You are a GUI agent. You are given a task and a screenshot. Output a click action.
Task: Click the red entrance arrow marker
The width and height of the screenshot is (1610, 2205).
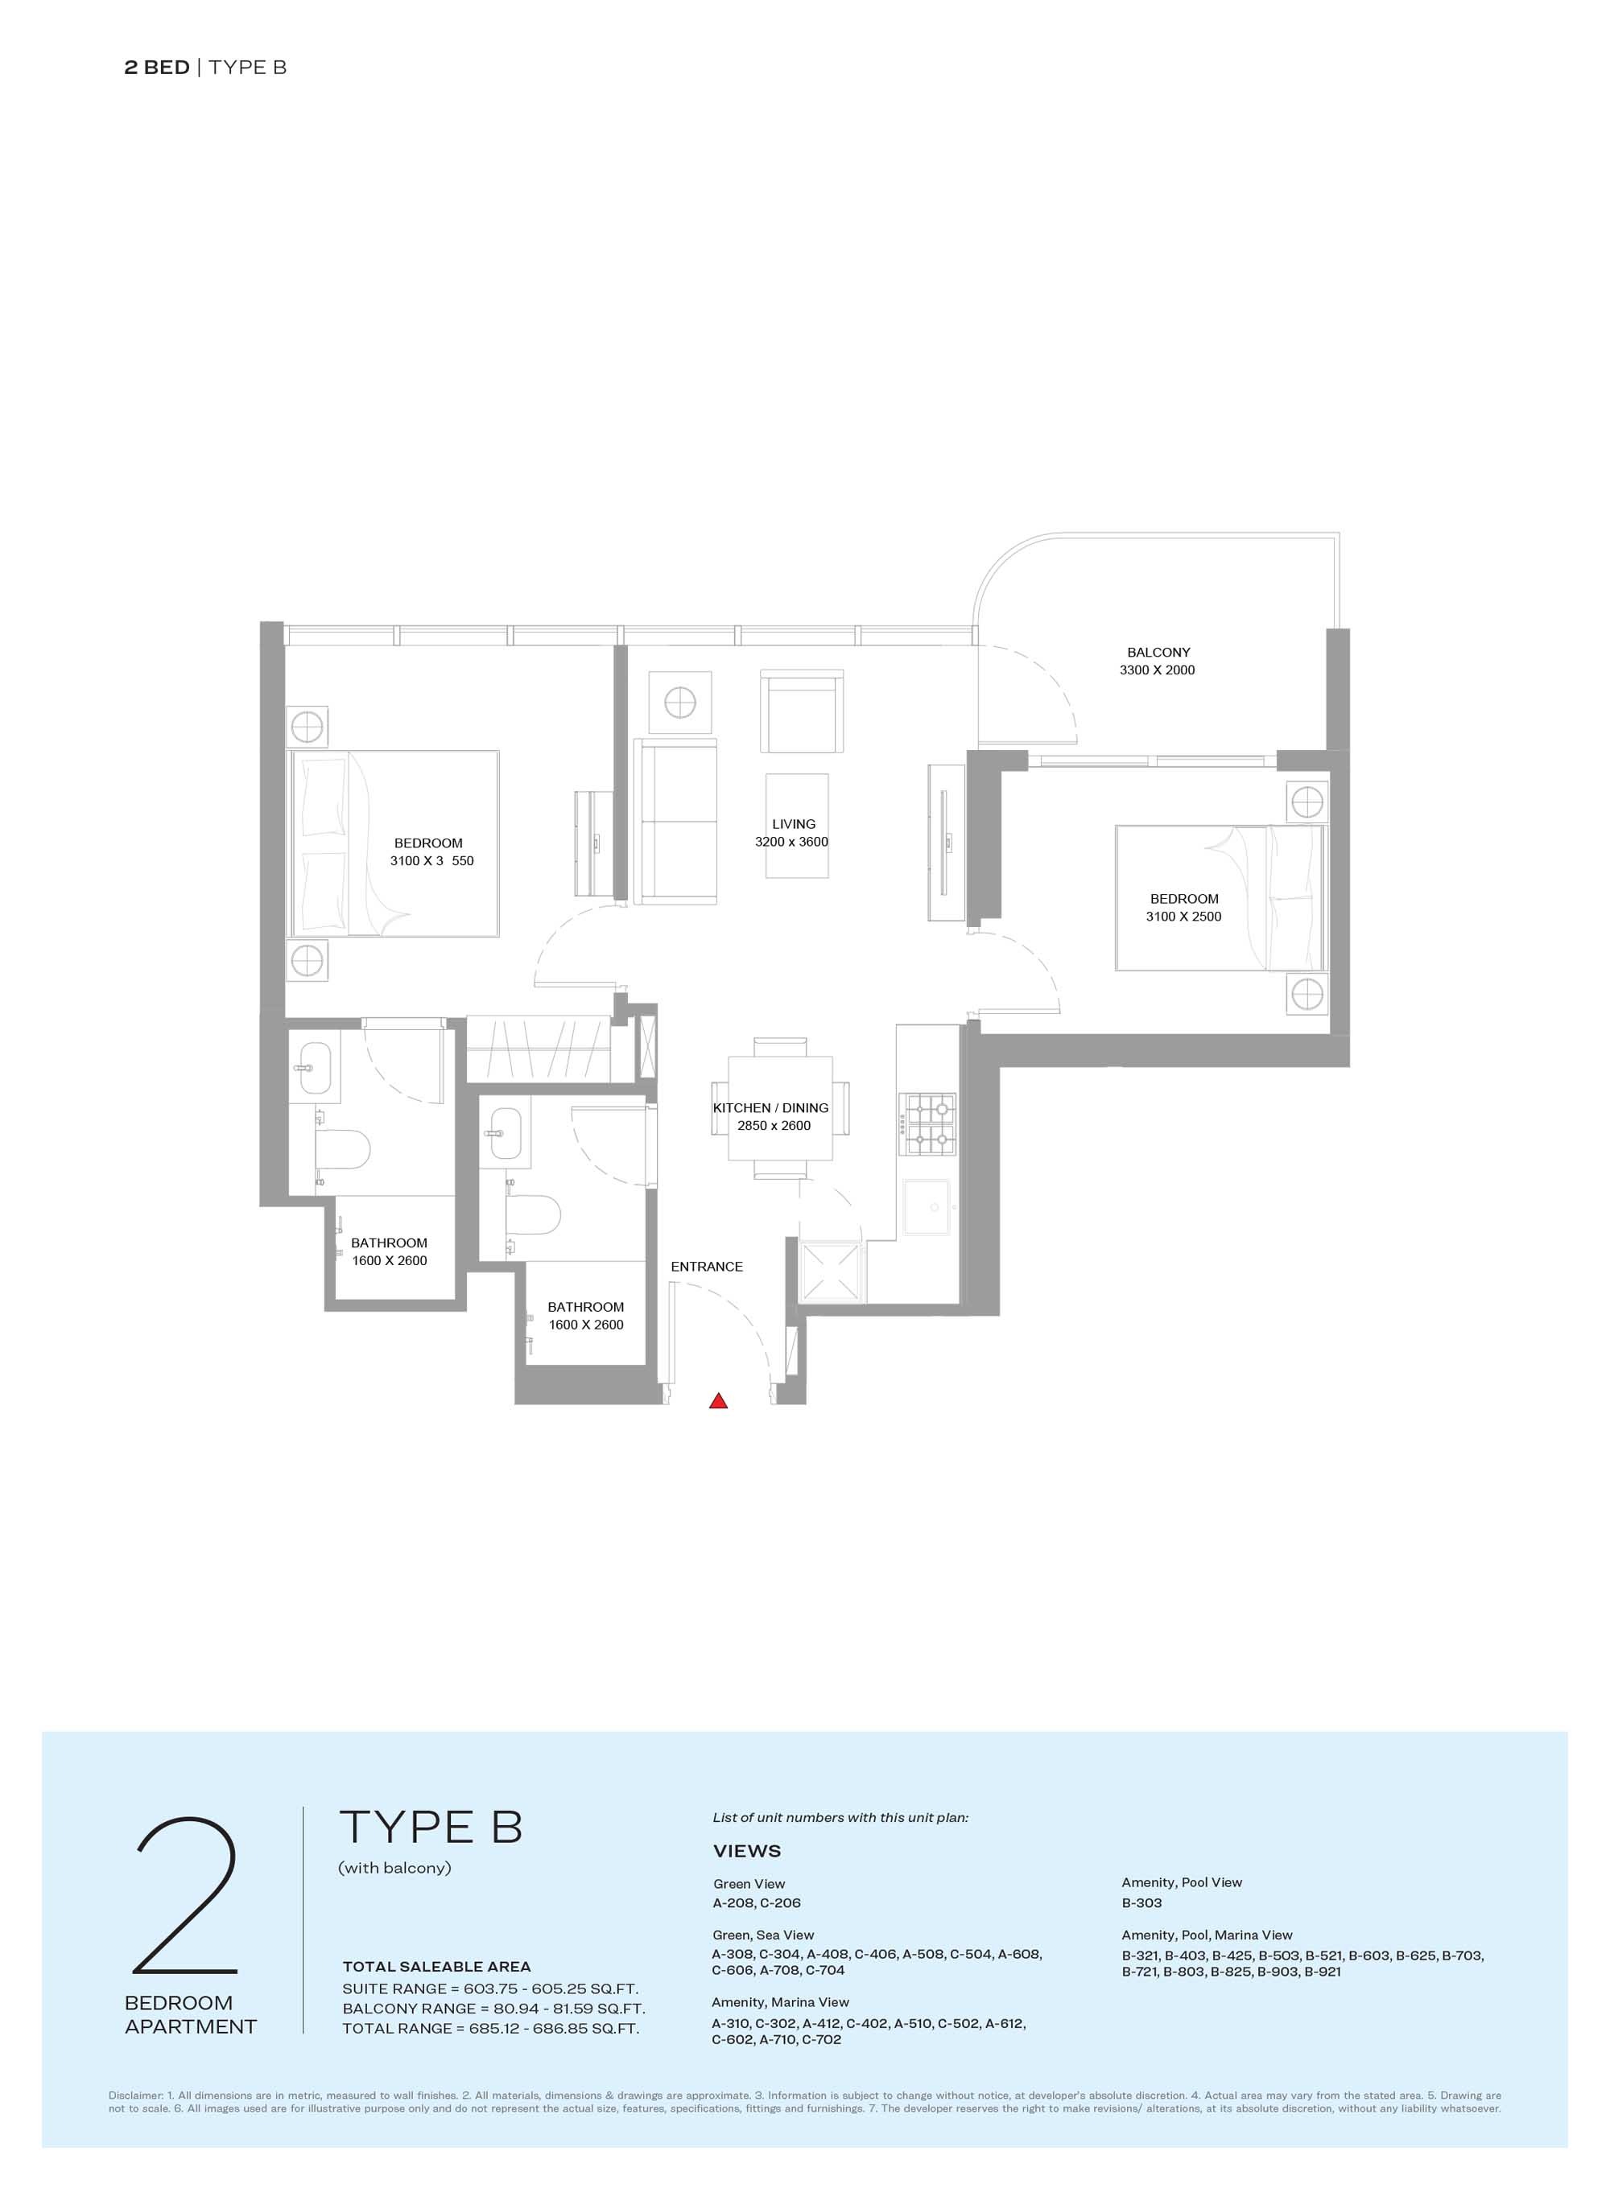pos(718,1402)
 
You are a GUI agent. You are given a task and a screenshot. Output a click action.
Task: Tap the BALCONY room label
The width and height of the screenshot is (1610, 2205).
pos(1158,652)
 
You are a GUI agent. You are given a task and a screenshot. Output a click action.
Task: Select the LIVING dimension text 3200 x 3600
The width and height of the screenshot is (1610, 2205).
pos(791,842)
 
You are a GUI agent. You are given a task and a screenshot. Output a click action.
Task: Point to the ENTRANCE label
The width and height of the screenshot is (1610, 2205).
pos(707,1267)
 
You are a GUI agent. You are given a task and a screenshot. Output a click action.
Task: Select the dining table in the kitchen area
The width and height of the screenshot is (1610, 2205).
pos(780,1108)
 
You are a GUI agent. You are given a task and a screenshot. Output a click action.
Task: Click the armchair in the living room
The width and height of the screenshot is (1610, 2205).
pos(801,711)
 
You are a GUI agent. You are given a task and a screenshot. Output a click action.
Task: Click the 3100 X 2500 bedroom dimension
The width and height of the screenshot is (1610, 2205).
pos(1183,917)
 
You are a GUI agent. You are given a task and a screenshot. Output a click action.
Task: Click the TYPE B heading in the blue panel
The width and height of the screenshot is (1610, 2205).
pos(431,1827)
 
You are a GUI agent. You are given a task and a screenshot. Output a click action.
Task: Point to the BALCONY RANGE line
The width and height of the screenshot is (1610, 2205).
pos(493,2008)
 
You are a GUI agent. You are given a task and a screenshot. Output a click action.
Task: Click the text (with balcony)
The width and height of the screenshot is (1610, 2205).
pos(394,1868)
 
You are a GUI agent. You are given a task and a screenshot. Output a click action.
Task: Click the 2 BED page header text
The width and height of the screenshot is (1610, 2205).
pos(157,68)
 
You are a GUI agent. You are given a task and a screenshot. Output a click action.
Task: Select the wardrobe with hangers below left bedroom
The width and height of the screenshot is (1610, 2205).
pos(538,1049)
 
